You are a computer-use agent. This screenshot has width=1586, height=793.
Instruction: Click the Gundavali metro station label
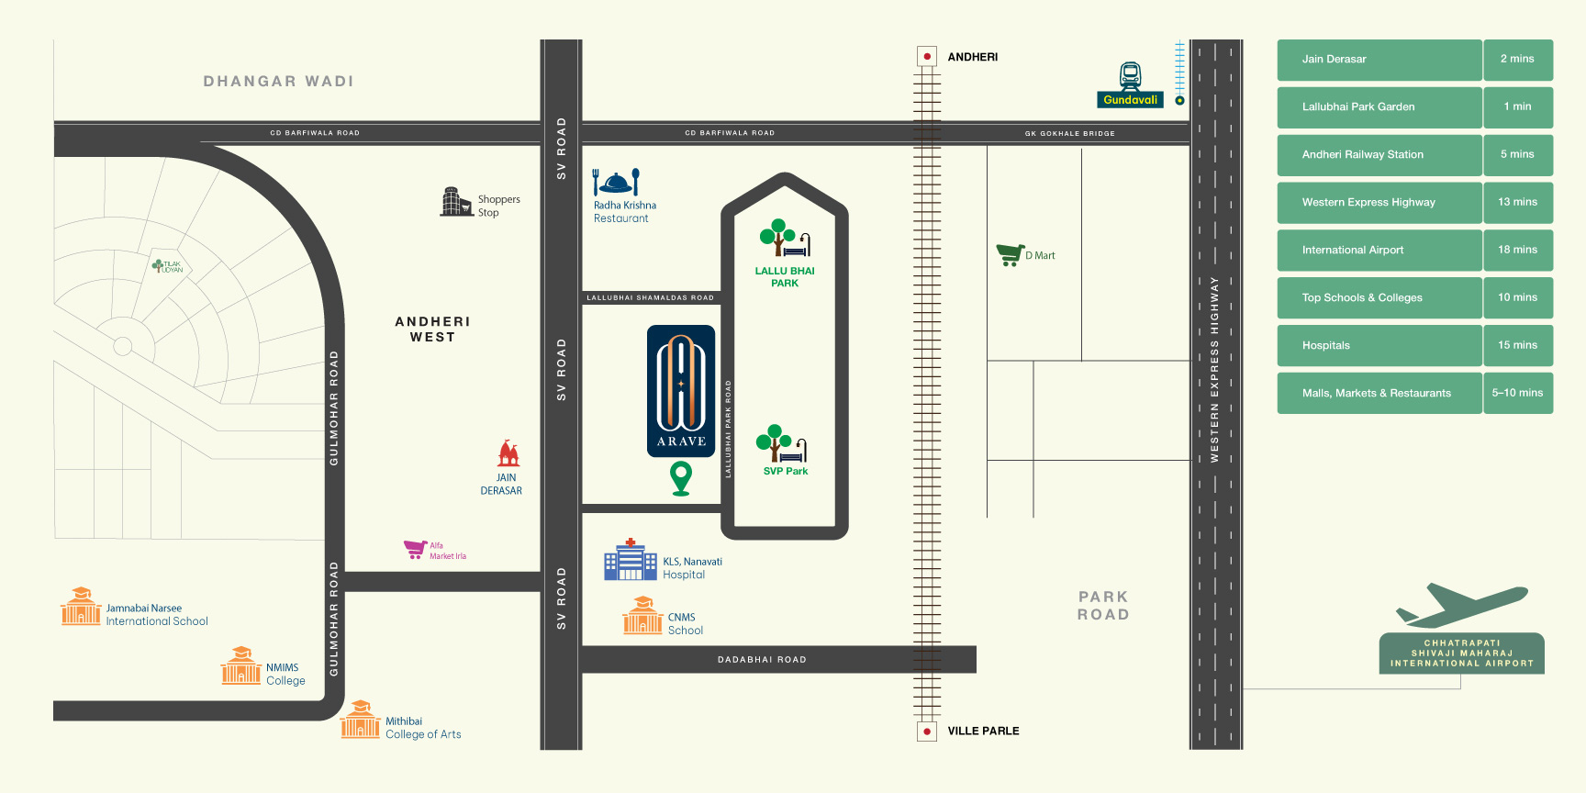click(x=1130, y=100)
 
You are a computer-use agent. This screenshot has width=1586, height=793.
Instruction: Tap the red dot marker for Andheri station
click(x=927, y=57)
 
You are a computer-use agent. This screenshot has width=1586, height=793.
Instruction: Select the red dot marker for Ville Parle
click(x=927, y=732)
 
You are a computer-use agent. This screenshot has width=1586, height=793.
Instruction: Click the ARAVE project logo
click(x=681, y=391)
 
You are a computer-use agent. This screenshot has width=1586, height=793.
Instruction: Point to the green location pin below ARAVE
click(x=681, y=477)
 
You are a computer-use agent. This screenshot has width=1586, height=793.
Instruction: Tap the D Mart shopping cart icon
click(x=1010, y=254)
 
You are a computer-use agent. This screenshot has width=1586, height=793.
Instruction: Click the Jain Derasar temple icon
click(x=508, y=453)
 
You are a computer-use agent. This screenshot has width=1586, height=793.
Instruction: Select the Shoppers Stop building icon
click(x=455, y=202)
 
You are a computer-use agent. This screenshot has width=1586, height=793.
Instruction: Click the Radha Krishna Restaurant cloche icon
click(x=615, y=182)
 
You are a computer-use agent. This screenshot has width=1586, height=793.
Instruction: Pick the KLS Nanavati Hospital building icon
click(x=630, y=561)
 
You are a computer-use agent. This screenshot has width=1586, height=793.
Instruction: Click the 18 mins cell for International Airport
click(x=1517, y=250)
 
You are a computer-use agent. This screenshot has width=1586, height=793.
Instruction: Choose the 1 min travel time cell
click(x=1517, y=106)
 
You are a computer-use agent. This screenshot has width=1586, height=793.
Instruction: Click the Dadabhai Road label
click(x=762, y=660)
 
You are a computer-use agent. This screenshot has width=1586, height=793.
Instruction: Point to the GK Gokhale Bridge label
click(x=1069, y=134)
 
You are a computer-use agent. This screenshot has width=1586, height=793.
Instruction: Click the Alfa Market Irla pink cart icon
click(x=415, y=549)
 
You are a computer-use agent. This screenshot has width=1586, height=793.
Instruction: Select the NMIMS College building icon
click(x=240, y=666)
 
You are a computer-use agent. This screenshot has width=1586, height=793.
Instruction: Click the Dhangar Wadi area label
click(x=278, y=82)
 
